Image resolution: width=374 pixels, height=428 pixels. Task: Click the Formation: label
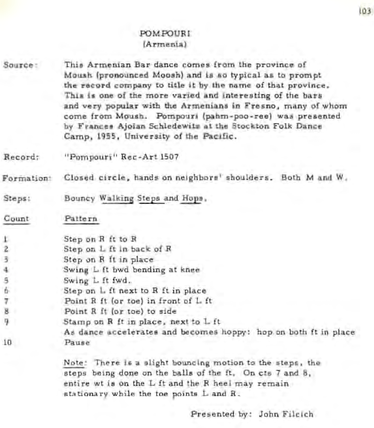point(26,178)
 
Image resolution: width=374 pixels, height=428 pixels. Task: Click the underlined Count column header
point(17,219)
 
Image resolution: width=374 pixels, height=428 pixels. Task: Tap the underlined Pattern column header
point(81,219)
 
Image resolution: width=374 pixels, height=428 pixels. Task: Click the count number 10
point(8,343)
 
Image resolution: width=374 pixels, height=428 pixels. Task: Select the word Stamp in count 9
point(74,322)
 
